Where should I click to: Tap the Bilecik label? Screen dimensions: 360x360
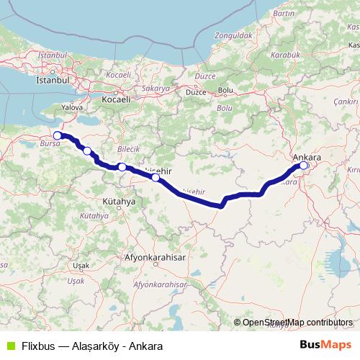click(127, 148)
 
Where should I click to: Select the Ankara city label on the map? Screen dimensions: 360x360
click(307, 156)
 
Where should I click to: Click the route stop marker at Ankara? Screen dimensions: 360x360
click(304, 166)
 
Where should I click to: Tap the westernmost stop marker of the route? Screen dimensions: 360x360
click(58, 135)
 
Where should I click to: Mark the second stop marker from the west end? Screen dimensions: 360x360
click(87, 151)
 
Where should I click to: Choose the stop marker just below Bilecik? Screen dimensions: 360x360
click(122, 167)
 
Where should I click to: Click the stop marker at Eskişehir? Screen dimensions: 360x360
click(156, 176)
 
